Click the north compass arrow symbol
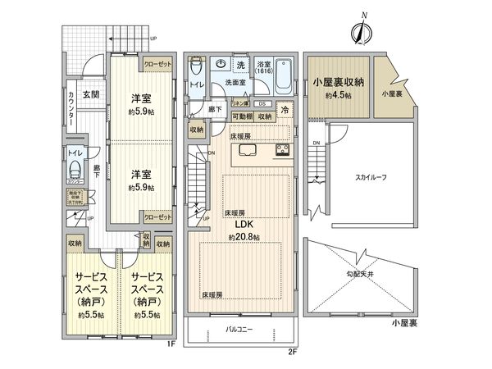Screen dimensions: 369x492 [x=358, y=31]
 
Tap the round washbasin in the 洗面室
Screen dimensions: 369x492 [x=221, y=64]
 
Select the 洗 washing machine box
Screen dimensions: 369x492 [x=241, y=64]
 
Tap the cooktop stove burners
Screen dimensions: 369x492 [x=280, y=150]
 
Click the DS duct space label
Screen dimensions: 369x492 [x=261, y=104]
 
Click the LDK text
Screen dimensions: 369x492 [x=244, y=224]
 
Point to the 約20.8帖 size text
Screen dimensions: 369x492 [x=244, y=237]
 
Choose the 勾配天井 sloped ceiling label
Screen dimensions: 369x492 [x=360, y=276]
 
